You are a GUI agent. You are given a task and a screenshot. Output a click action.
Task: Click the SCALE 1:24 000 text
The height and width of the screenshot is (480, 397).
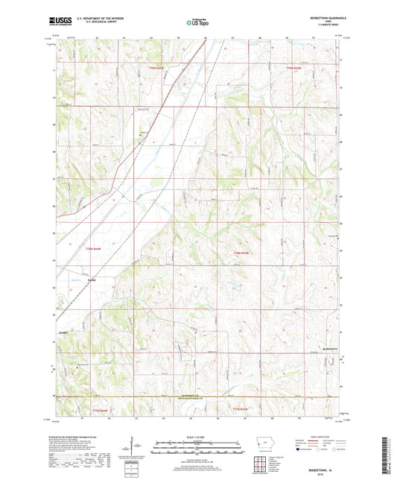(197, 436)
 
